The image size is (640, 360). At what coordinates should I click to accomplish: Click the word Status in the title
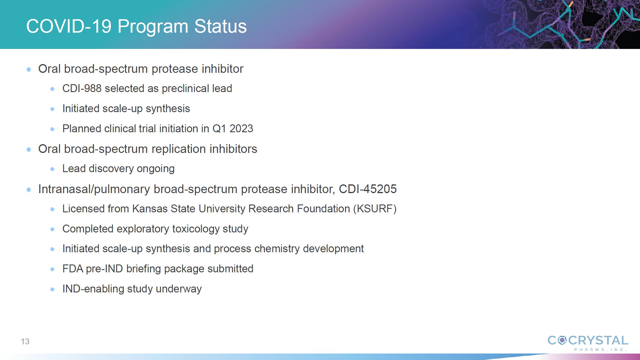coord(220,26)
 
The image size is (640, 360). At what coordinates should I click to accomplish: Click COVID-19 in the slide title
coord(69,26)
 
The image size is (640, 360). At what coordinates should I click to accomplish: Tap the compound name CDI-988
coord(82,88)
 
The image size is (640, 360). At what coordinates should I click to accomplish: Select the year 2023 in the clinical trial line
coord(241,128)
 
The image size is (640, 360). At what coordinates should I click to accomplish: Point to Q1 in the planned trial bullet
coord(219,128)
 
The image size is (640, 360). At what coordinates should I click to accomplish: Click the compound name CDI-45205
coord(368,189)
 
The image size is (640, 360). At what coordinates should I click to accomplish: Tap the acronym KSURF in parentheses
coord(375,209)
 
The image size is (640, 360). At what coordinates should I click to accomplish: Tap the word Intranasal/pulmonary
coord(94,189)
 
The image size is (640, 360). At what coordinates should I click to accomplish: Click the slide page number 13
coord(25,341)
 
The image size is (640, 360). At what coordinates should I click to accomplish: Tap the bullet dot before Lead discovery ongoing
coord(52,169)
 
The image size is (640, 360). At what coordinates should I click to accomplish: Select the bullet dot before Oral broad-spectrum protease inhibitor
coord(29,69)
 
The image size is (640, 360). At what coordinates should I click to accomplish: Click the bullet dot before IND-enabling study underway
coord(52,289)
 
